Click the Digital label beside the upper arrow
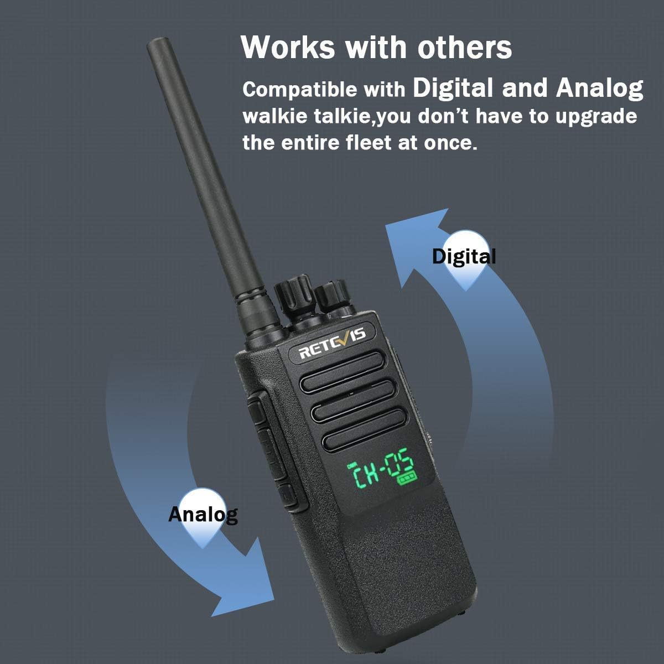464,257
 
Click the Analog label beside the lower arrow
203,515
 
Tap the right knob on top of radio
332,292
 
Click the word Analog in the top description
599,89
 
